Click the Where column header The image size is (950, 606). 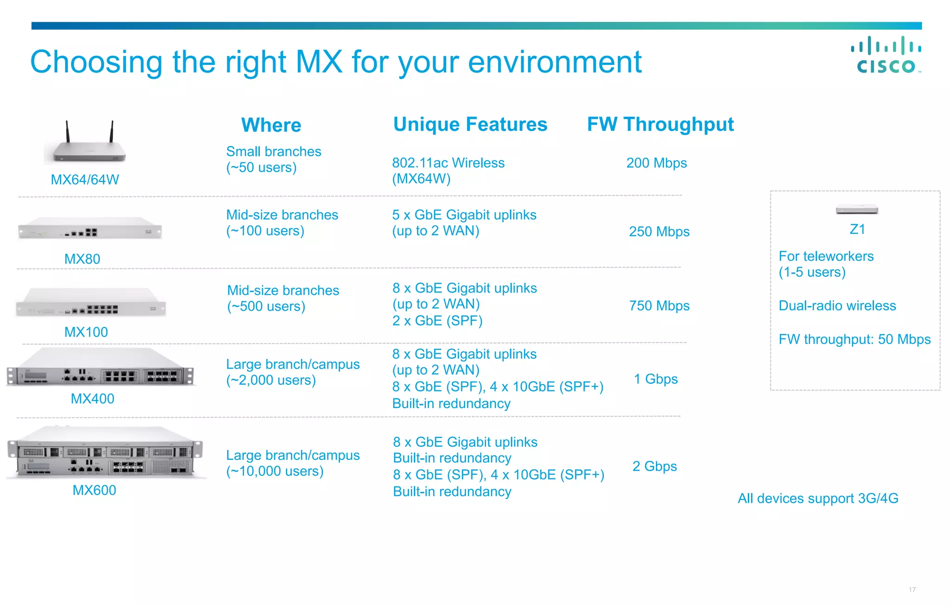tap(271, 125)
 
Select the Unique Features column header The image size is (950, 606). tap(470, 124)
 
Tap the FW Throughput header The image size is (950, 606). tap(660, 124)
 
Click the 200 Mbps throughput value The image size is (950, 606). tap(656, 163)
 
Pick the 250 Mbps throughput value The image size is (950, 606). tap(659, 231)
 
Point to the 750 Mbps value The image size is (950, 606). tap(659, 306)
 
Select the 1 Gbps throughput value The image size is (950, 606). tap(655, 379)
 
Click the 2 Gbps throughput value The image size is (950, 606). tap(655, 466)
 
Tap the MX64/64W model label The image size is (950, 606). tap(85, 179)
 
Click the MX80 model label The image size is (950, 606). tap(82, 259)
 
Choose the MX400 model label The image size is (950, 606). tap(92, 398)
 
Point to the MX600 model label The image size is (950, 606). tap(94, 490)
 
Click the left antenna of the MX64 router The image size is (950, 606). tap(68, 132)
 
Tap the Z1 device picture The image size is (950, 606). tap(857, 210)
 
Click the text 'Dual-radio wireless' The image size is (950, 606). tap(837, 306)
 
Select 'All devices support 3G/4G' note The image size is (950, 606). tap(818, 498)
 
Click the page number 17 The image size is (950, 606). tap(912, 590)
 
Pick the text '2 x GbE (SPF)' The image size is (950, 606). tap(437, 321)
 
